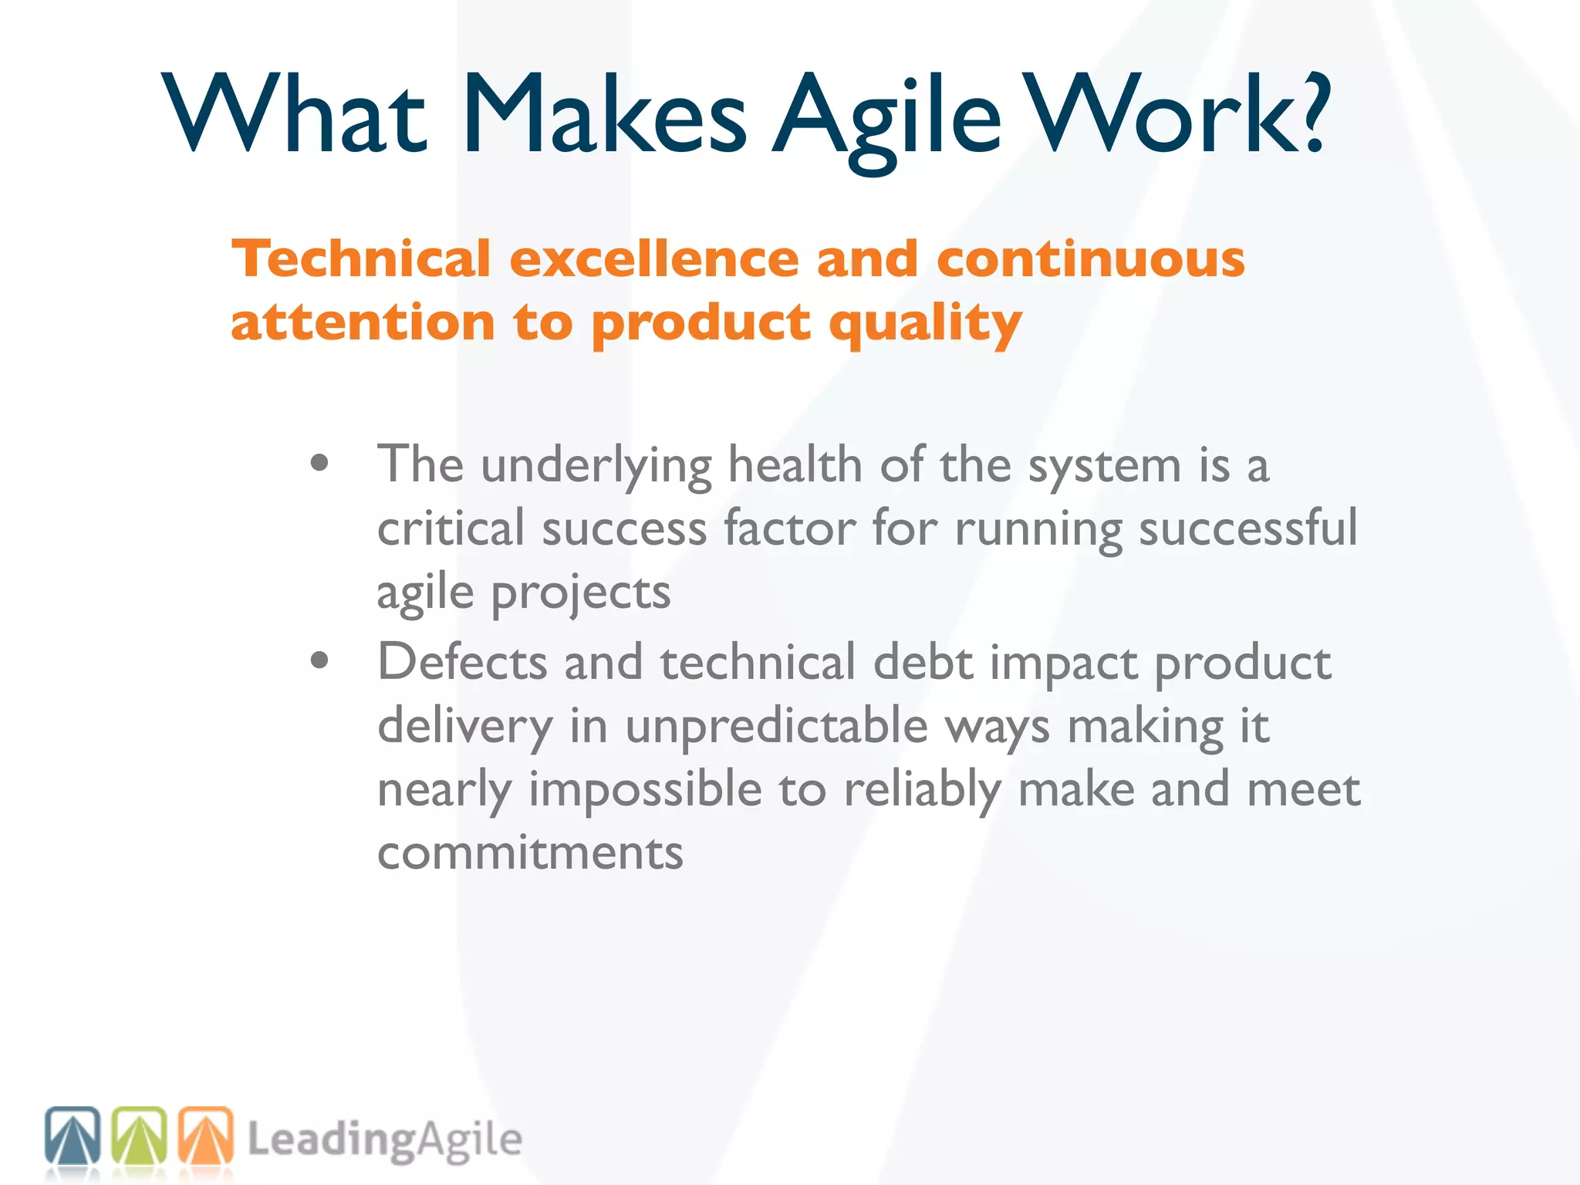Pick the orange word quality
(x=925, y=324)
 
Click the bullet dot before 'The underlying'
(x=319, y=464)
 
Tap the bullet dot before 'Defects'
(x=319, y=661)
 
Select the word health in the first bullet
(x=795, y=465)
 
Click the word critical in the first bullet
(x=451, y=528)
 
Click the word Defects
(x=462, y=662)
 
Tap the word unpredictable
(x=776, y=726)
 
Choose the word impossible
(x=645, y=790)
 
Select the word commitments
(x=530, y=852)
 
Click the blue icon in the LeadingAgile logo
(x=73, y=1135)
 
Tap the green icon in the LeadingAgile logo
(x=140, y=1135)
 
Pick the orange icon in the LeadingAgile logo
(x=206, y=1135)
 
